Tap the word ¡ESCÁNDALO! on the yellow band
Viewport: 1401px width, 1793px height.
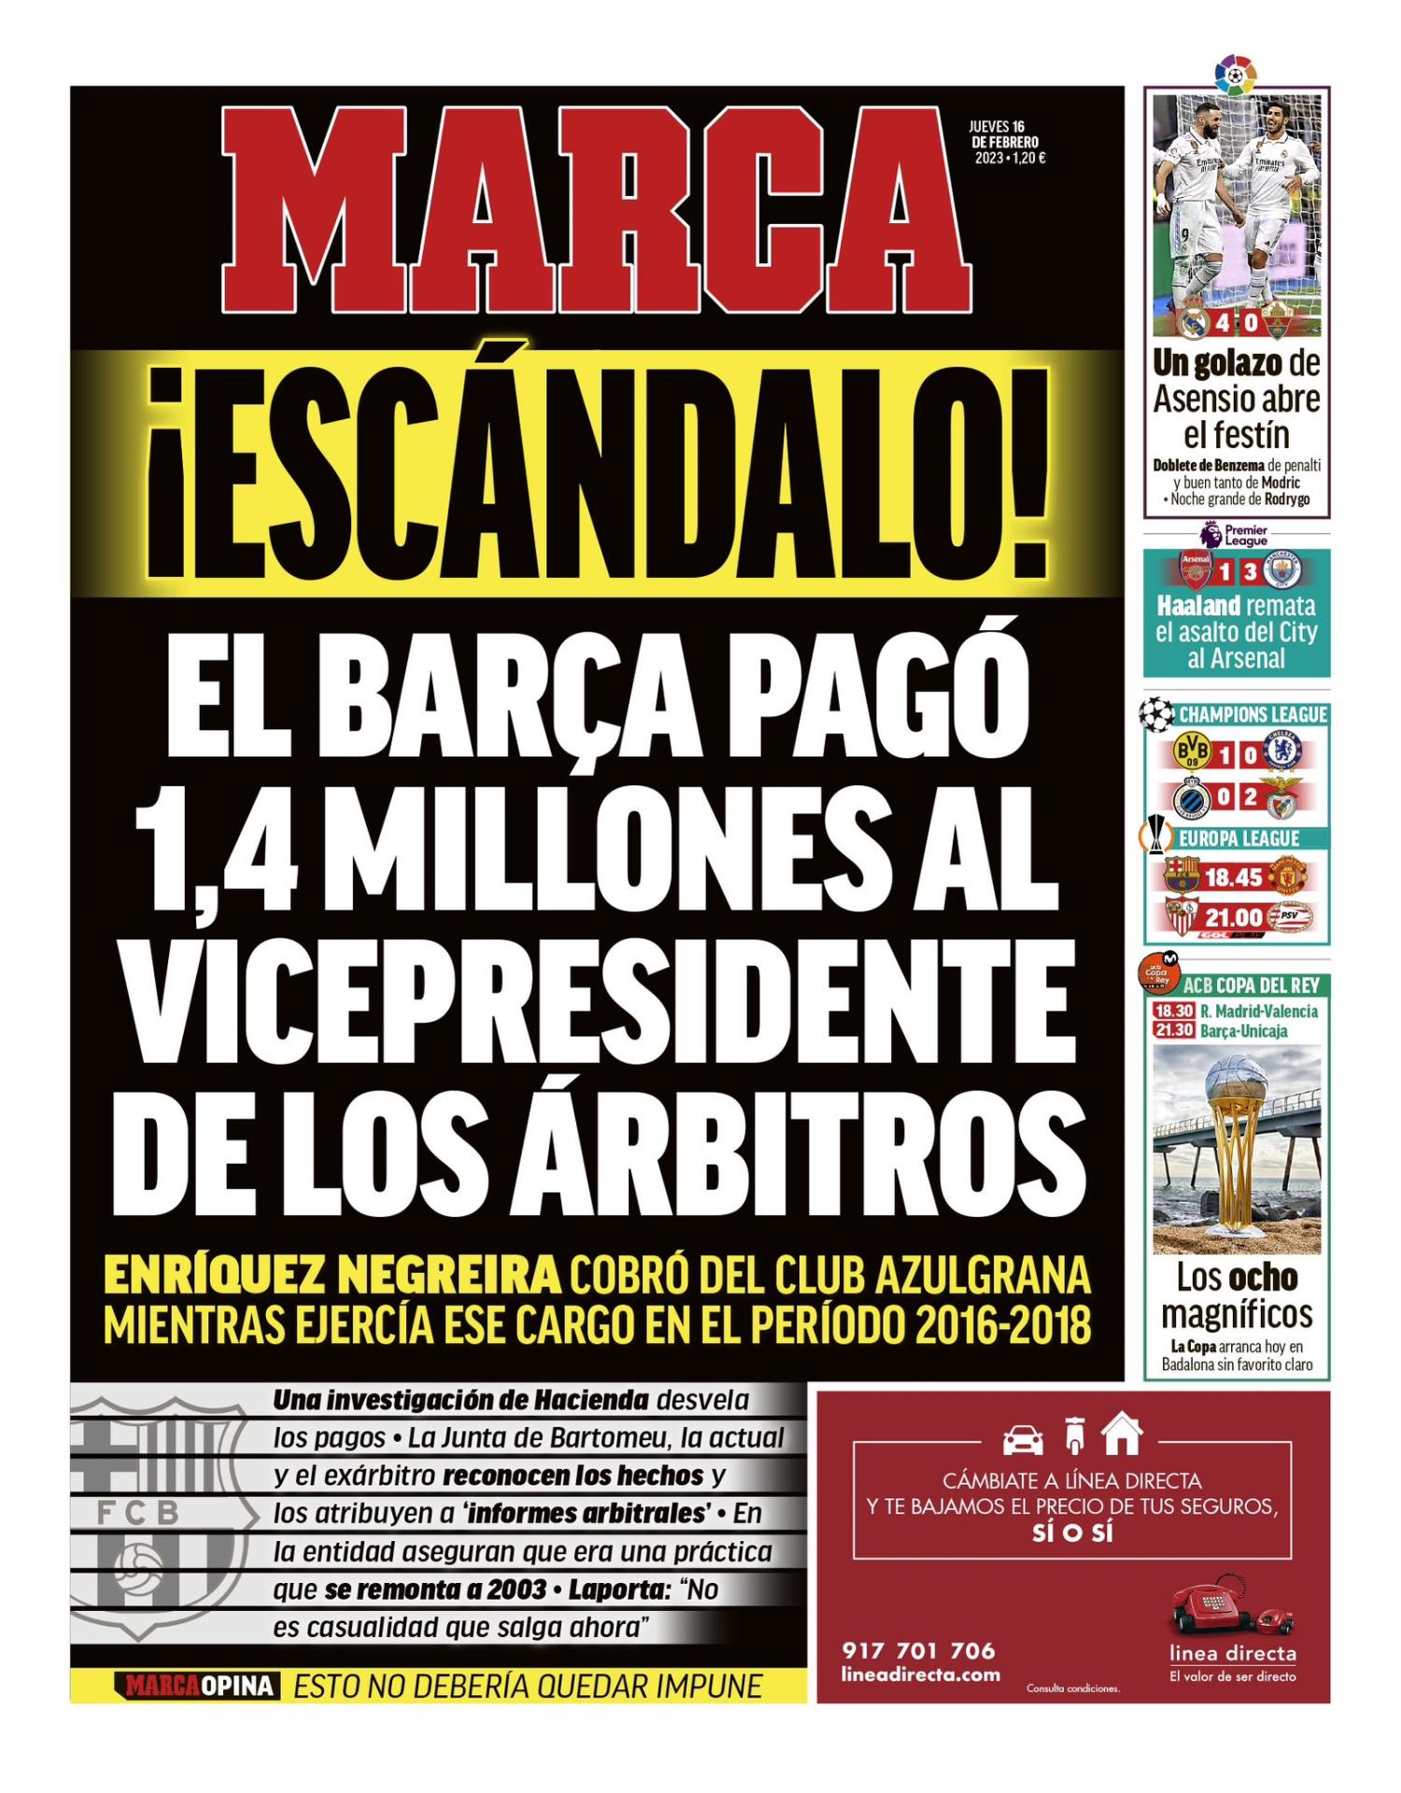pyautogui.click(x=596, y=473)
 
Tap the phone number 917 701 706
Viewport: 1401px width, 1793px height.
pyautogui.click(x=918, y=1650)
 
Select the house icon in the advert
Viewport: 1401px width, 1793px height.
pyautogui.click(x=1122, y=1434)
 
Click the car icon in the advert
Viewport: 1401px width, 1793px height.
pyautogui.click(x=1023, y=1439)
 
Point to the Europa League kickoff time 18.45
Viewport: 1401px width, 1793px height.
pyautogui.click(x=1234, y=877)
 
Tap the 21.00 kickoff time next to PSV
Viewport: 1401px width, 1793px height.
pyautogui.click(x=1234, y=917)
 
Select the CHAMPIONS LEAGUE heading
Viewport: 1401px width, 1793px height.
pyautogui.click(x=1252, y=715)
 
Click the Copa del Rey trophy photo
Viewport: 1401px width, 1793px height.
pyautogui.click(x=1236, y=1149)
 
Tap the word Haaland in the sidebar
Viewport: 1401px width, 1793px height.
pyautogui.click(x=1198, y=605)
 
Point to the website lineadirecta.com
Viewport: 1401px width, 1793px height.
pyautogui.click(x=920, y=1674)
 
